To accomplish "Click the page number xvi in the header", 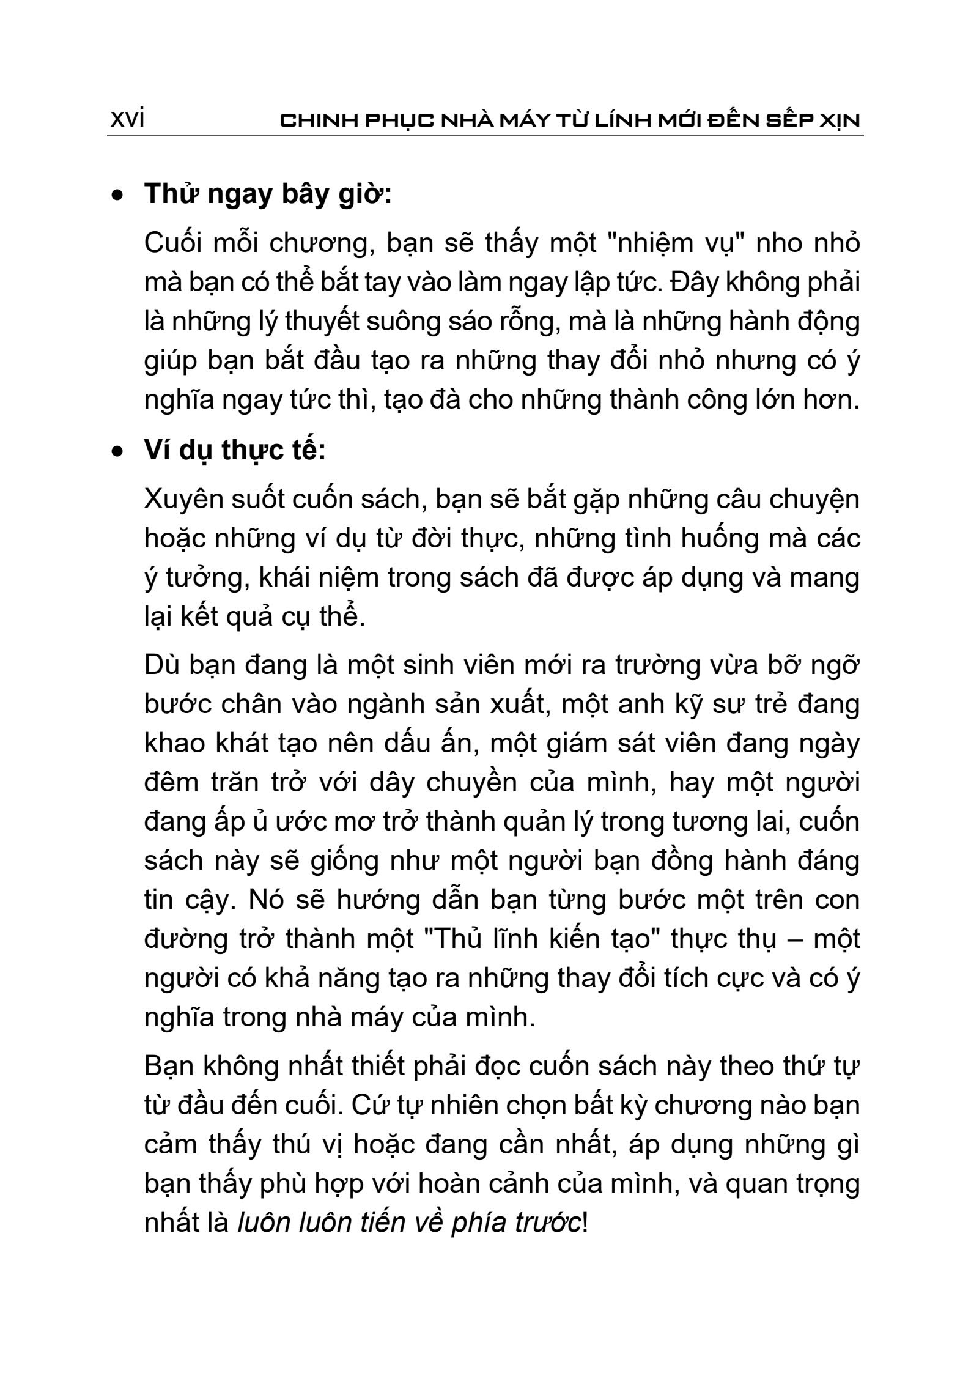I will [x=127, y=120].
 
